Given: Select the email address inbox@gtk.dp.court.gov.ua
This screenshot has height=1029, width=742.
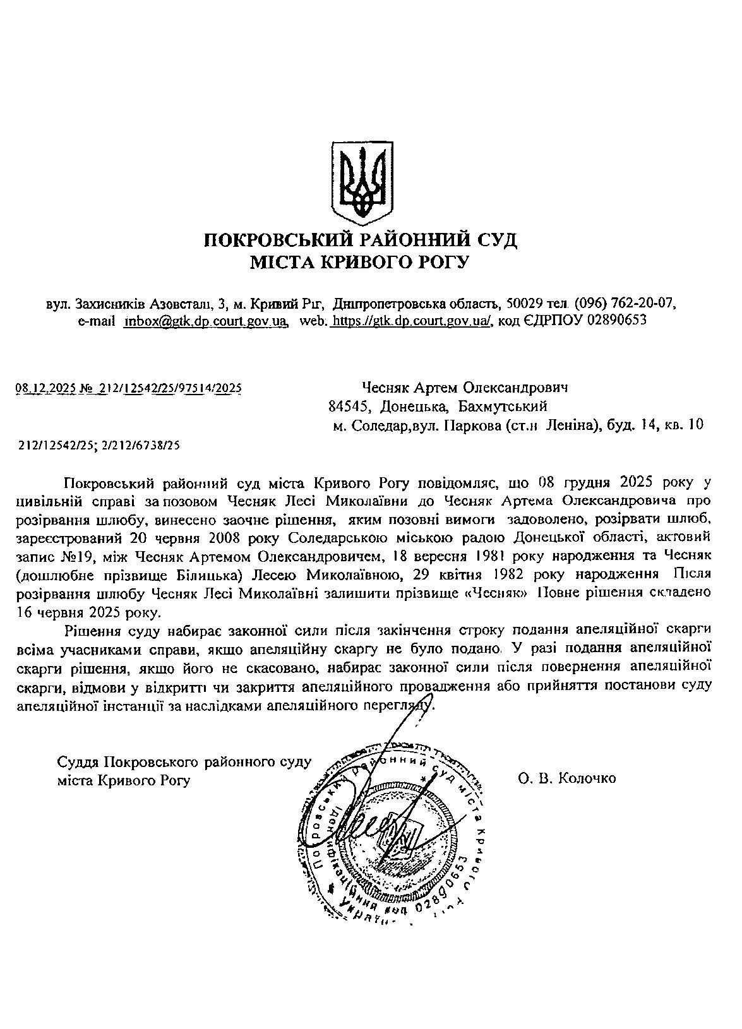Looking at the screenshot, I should (x=206, y=321).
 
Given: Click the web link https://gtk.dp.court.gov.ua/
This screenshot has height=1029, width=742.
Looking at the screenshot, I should (x=412, y=321).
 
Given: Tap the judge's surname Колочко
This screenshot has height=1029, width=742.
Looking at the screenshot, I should (x=587, y=778).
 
